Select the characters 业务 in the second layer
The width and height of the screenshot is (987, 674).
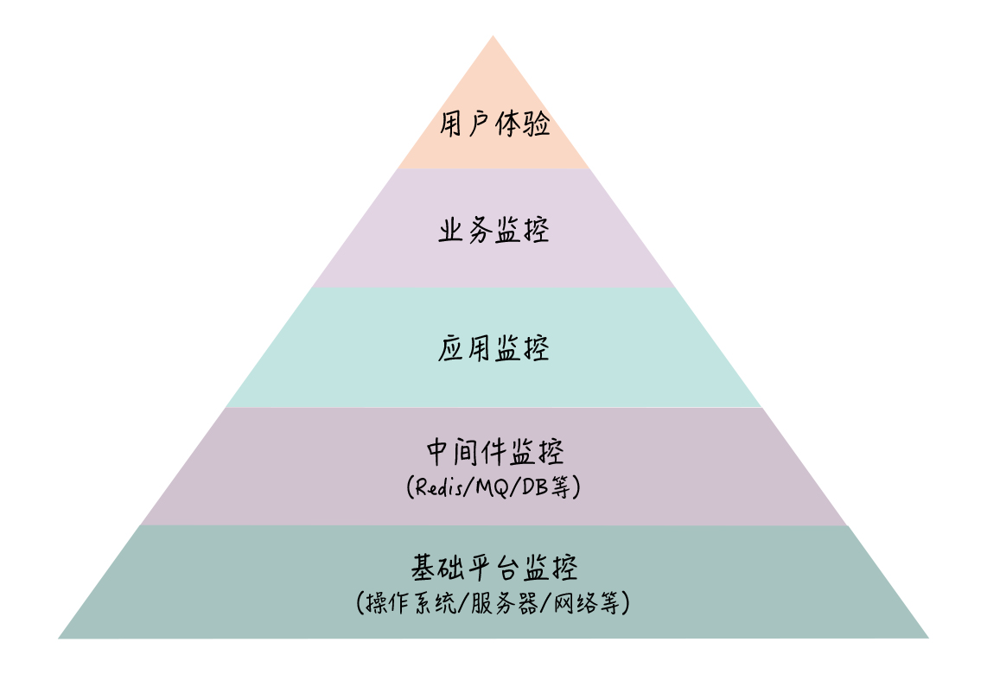coord(465,231)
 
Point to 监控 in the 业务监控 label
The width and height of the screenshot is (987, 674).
coord(522,231)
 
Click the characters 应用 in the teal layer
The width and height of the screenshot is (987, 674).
coord(465,349)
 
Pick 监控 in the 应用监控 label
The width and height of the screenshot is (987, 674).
coord(522,349)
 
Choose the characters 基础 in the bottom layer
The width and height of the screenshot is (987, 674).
coord(437,569)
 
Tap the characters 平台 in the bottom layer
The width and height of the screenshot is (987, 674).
coord(493,569)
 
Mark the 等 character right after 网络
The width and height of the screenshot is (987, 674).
coord(608,603)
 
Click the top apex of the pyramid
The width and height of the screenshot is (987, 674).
coord(493,36)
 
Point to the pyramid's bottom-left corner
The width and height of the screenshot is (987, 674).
coord(59,638)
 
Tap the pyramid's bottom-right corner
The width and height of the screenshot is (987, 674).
coord(927,638)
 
